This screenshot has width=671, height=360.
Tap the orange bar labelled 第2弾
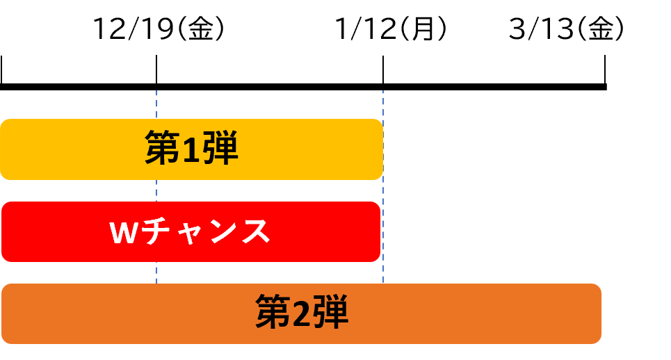pos(452,314)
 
